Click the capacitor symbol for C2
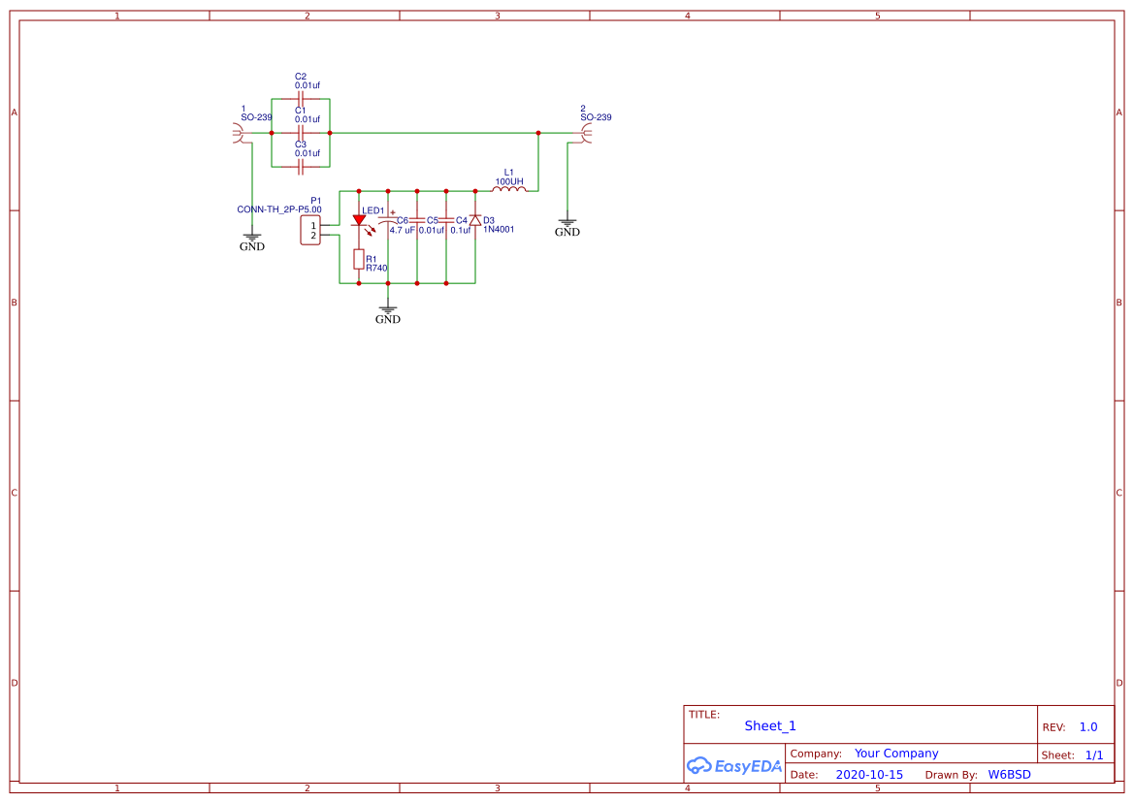[301, 98]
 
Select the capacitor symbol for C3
[301, 166]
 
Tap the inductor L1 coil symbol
[509, 190]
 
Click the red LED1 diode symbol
[359, 221]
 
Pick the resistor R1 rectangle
[359, 259]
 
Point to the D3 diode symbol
[475, 220]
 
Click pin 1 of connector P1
[312, 225]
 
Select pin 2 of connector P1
[312, 236]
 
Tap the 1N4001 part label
[499, 230]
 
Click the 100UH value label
[509, 181]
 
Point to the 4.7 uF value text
[403, 231]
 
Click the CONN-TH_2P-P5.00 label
[279, 209]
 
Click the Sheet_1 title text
[770, 725]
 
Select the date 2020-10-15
[869, 775]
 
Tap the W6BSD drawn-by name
[1009, 775]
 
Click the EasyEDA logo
[734, 766]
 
